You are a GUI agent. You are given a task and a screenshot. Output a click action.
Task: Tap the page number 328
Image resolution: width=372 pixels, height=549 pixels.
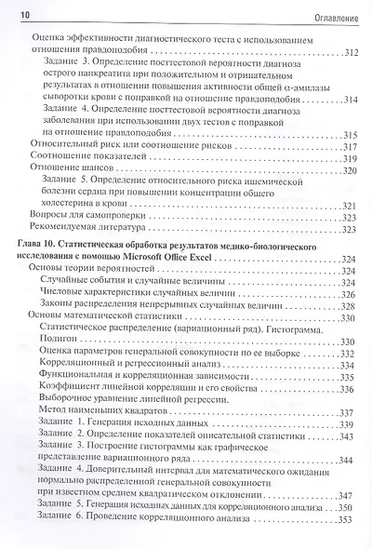[x=350, y=305]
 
